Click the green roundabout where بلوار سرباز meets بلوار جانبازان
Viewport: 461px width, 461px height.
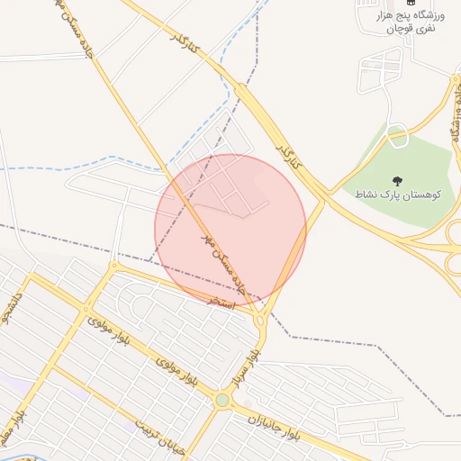click(x=222, y=400)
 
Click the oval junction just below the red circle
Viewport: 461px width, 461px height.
click(x=259, y=320)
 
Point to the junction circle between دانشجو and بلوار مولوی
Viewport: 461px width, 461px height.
click(x=114, y=266)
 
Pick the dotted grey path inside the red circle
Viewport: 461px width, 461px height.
click(x=221, y=210)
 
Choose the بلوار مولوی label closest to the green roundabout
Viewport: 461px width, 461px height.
click(x=176, y=372)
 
